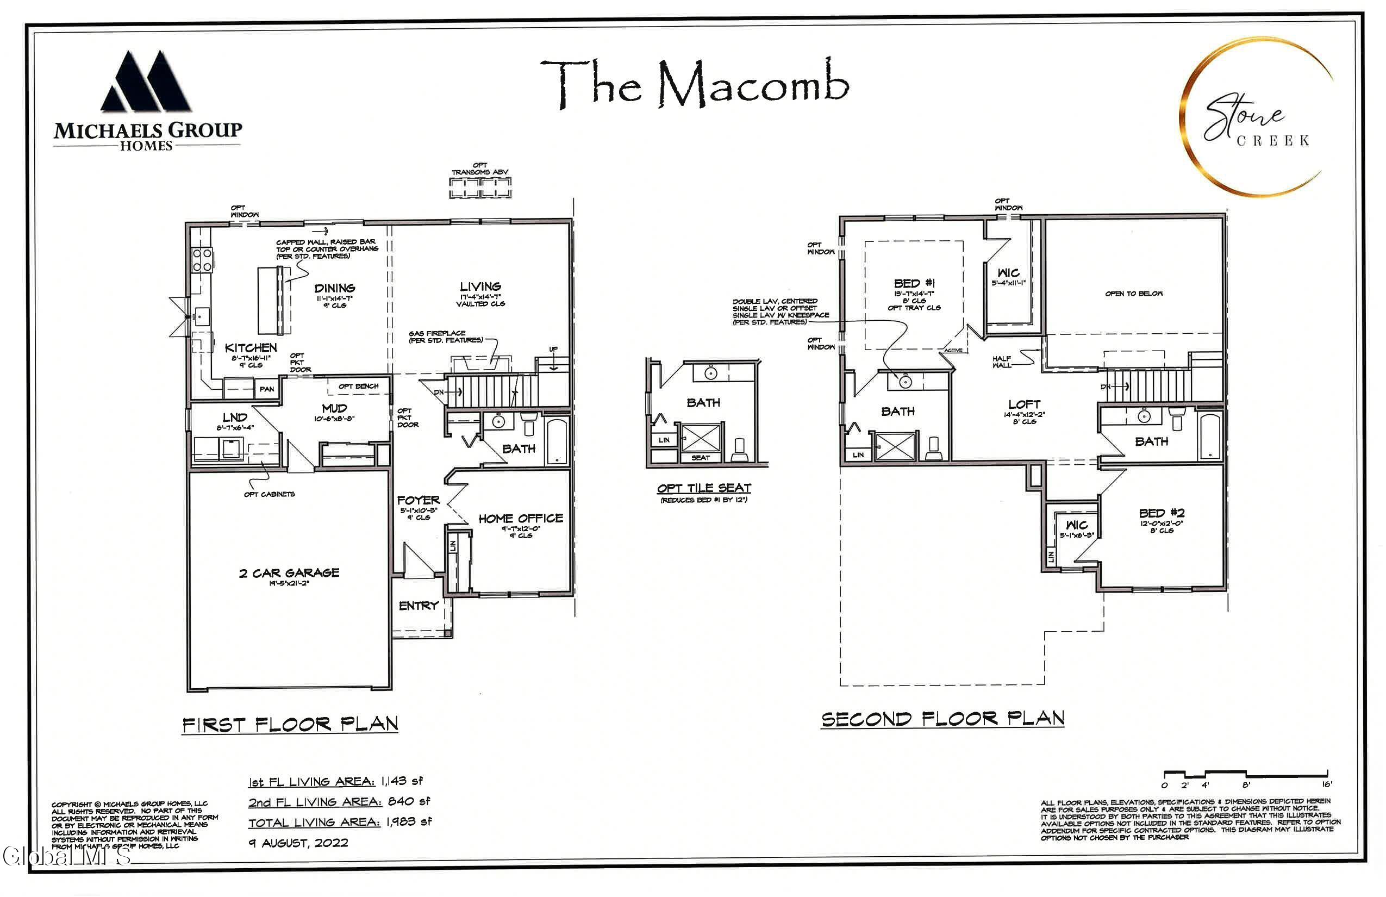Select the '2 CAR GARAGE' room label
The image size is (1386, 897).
pyautogui.click(x=289, y=573)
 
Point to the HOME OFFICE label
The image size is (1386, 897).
pyautogui.click(x=521, y=519)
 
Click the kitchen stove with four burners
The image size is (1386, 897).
pyautogui.click(x=202, y=259)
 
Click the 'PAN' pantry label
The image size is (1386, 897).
pyautogui.click(x=267, y=389)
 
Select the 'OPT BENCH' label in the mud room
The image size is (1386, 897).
pyautogui.click(x=358, y=386)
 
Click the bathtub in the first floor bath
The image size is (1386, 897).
pyautogui.click(x=557, y=441)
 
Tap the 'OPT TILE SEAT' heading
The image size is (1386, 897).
pyautogui.click(x=703, y=488)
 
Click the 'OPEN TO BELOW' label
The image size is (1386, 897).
pyautogui.click(x=1133, y=294)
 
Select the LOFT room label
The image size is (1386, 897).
pyautogui.click(x=1024, y=404)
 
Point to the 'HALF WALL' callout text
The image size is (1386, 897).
pyautogui.click(x=1002, y=362)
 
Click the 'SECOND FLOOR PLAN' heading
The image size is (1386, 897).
pyautogui.click(x=942, y=719)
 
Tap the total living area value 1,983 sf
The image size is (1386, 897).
pyautogui.click(x=409, y=822)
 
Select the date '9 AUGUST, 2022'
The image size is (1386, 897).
pyautogui.click(x=298, y=843)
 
